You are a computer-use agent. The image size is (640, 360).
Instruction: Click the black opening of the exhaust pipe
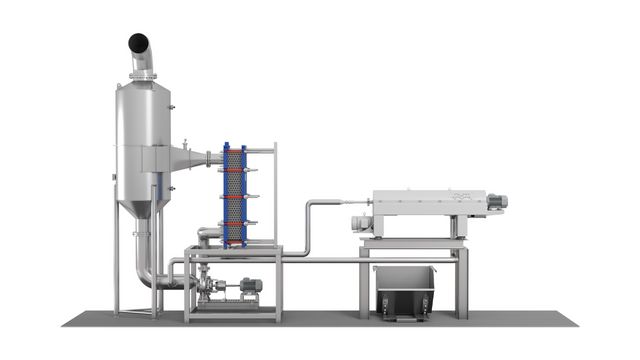(138, 43)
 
